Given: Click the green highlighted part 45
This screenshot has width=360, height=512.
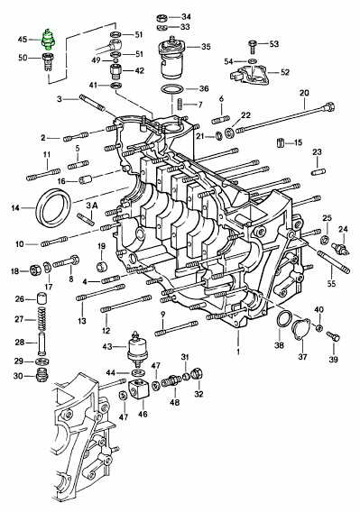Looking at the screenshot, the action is pyautogui.click(x=49, y=40).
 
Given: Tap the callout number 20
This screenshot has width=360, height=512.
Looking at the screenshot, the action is pyautogui.click(x=304, y=93).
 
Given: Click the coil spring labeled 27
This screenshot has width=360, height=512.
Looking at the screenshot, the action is pyautogui.click(x=42, y=318).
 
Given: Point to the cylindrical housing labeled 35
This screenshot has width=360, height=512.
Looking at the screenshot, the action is pyautogui.click(x=171, y=58).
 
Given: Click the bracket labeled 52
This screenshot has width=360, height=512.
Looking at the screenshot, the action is pyautogui.click(x=250, y=75).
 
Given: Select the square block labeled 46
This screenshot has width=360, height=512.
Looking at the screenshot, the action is pyautogui.click(x=139, y=389).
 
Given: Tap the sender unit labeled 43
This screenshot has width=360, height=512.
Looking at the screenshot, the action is pyautogui.click(x=136, y=348).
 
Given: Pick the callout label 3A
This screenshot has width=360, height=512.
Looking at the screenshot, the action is pyautogui.click(x=92, y=206).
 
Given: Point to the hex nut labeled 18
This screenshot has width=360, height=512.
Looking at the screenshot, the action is pyautogui.click(x=35, y=270).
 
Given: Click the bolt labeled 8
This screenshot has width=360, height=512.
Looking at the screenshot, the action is pyautogui.click(x=66, y=261).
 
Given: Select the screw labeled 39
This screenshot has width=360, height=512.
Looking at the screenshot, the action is pyautogui.click(x=333, y=336).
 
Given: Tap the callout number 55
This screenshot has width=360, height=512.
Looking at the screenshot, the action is pyautogui.click(x=331, y=283).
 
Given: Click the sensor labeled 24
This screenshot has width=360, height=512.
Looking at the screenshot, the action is pyautogui.click(x=341, y=248).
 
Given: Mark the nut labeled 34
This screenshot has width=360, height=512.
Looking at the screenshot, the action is pyautogui.click(x=162, y=17).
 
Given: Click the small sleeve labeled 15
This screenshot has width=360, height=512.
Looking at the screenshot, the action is pyautogui.click(x=281, y=142).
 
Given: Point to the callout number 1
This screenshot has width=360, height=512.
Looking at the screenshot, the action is pyautogui.click(x=238, y=352).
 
